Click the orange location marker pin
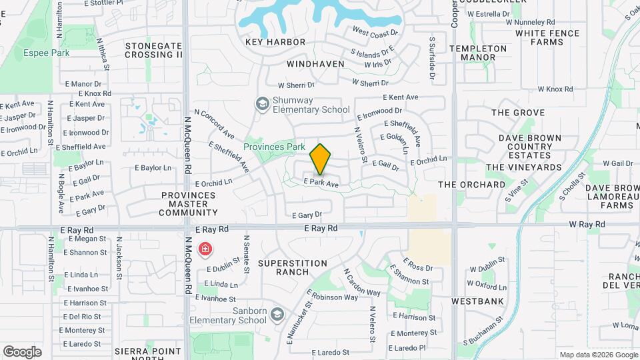point(321,159)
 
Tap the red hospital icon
point(205,249)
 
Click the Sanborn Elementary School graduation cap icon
point(277,313)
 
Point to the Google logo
point(22,351)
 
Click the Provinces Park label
point(274,147)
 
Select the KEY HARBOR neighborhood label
point(275,42)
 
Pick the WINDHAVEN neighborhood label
point(316,64)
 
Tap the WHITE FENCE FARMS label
point(547,37)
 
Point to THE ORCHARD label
point(472,185)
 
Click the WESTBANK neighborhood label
point(477,301)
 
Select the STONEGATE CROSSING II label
point(153,51)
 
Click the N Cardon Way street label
point(361,283)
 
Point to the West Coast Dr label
point(375,32)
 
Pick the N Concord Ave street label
point(213,125)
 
